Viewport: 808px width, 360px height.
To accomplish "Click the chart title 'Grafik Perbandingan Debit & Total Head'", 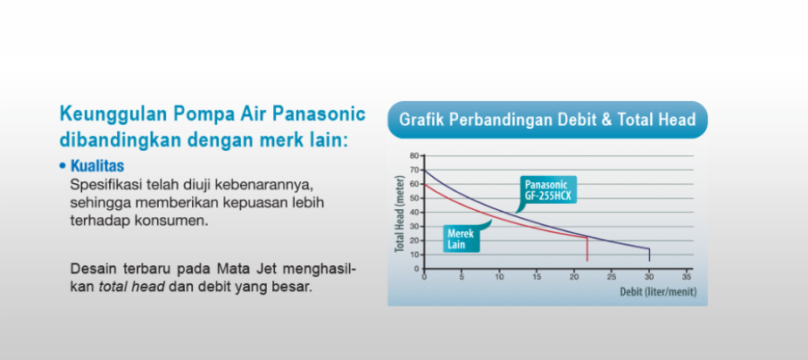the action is tap(547, 120).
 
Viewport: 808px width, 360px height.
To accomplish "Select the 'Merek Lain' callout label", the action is tap(460, 239).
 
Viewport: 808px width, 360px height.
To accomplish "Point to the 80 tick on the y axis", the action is tap(414, 155).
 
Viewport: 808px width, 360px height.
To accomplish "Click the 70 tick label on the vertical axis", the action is tap(414, 170).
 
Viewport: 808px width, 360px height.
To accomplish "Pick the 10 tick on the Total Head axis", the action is tap(414, 255).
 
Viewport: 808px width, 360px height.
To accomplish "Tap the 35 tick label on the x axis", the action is tap(687, 276).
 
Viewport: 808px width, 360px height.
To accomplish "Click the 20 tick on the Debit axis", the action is tap(573, 276).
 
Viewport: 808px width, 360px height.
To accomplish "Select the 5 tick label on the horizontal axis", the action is tap(462, 276).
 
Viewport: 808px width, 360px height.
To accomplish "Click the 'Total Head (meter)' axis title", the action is tap(399, 212).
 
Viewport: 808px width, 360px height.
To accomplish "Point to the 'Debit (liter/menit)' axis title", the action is tap(658, 292).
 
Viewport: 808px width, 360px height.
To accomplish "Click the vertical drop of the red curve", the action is tap(587, 249).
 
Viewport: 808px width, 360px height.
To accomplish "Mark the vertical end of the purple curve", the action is tap(649, 255).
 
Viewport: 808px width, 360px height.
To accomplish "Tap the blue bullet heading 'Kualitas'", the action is tap(97, 166).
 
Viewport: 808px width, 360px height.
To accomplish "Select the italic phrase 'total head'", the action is tap(131, 287).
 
